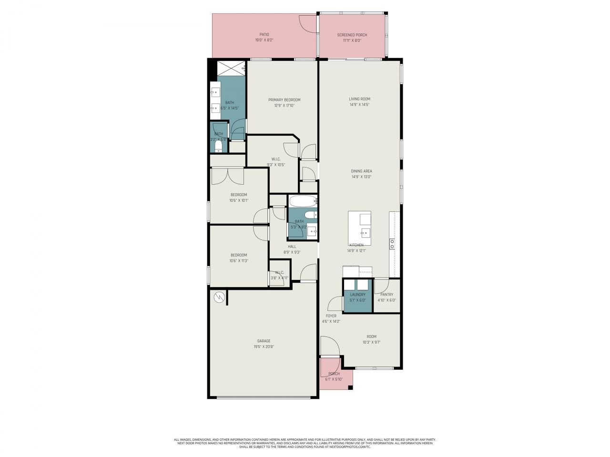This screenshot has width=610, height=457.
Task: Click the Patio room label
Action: click(264, 34)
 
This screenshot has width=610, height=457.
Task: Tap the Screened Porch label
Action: click(352, 35)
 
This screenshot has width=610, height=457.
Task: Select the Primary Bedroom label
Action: click(284, 99)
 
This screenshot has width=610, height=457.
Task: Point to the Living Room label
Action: click(359, 99)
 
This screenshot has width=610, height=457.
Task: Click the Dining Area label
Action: click(361, 171)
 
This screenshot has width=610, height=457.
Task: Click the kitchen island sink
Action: click(365, 233)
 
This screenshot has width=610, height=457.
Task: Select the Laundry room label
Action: click(357, 295)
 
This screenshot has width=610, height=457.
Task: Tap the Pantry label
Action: click(386, 295)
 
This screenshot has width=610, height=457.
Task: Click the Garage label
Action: click(264, 341)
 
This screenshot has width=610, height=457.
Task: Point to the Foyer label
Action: click(331, 316)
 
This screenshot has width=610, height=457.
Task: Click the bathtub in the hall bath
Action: click(302, 201)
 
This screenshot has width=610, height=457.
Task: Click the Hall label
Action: click(292, 247)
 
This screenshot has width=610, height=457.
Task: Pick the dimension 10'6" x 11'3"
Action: click(239, 260)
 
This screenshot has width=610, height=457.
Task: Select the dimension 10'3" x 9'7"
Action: click(371, 342)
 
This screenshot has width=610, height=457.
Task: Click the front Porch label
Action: click(334, 374)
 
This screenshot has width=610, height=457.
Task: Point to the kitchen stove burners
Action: click(392, 244)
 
